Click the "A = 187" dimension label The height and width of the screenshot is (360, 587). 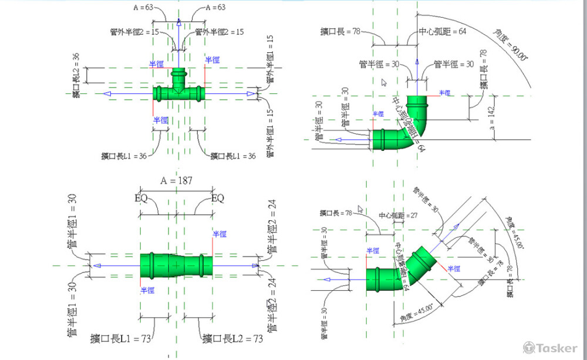[x=177, y=181]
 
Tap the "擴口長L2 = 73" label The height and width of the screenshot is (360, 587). [x=232, y=338]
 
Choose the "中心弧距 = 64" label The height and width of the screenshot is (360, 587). [x=442, y=31]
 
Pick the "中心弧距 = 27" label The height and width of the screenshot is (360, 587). [x=399, y=216]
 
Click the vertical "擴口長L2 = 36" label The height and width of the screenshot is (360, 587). [x=76, y=75]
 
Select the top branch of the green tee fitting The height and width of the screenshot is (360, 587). [x=178, y=78]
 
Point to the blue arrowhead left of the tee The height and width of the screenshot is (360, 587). [x=106, y=93]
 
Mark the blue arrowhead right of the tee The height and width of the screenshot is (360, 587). [x=251, y=93]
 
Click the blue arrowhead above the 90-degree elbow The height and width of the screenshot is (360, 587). [x=416, y=60]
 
